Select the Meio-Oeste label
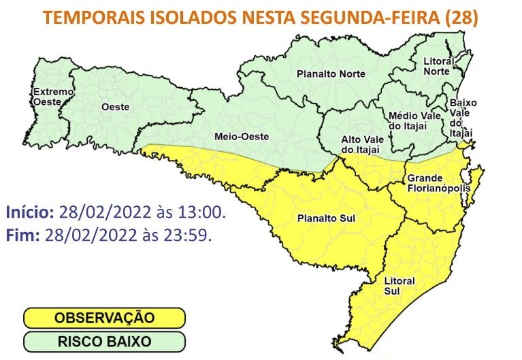pos(242,135)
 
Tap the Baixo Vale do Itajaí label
pos(463,117)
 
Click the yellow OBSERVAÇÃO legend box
pos(104,318)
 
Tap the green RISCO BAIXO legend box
pos(104,340)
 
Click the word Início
pos(30,214)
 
